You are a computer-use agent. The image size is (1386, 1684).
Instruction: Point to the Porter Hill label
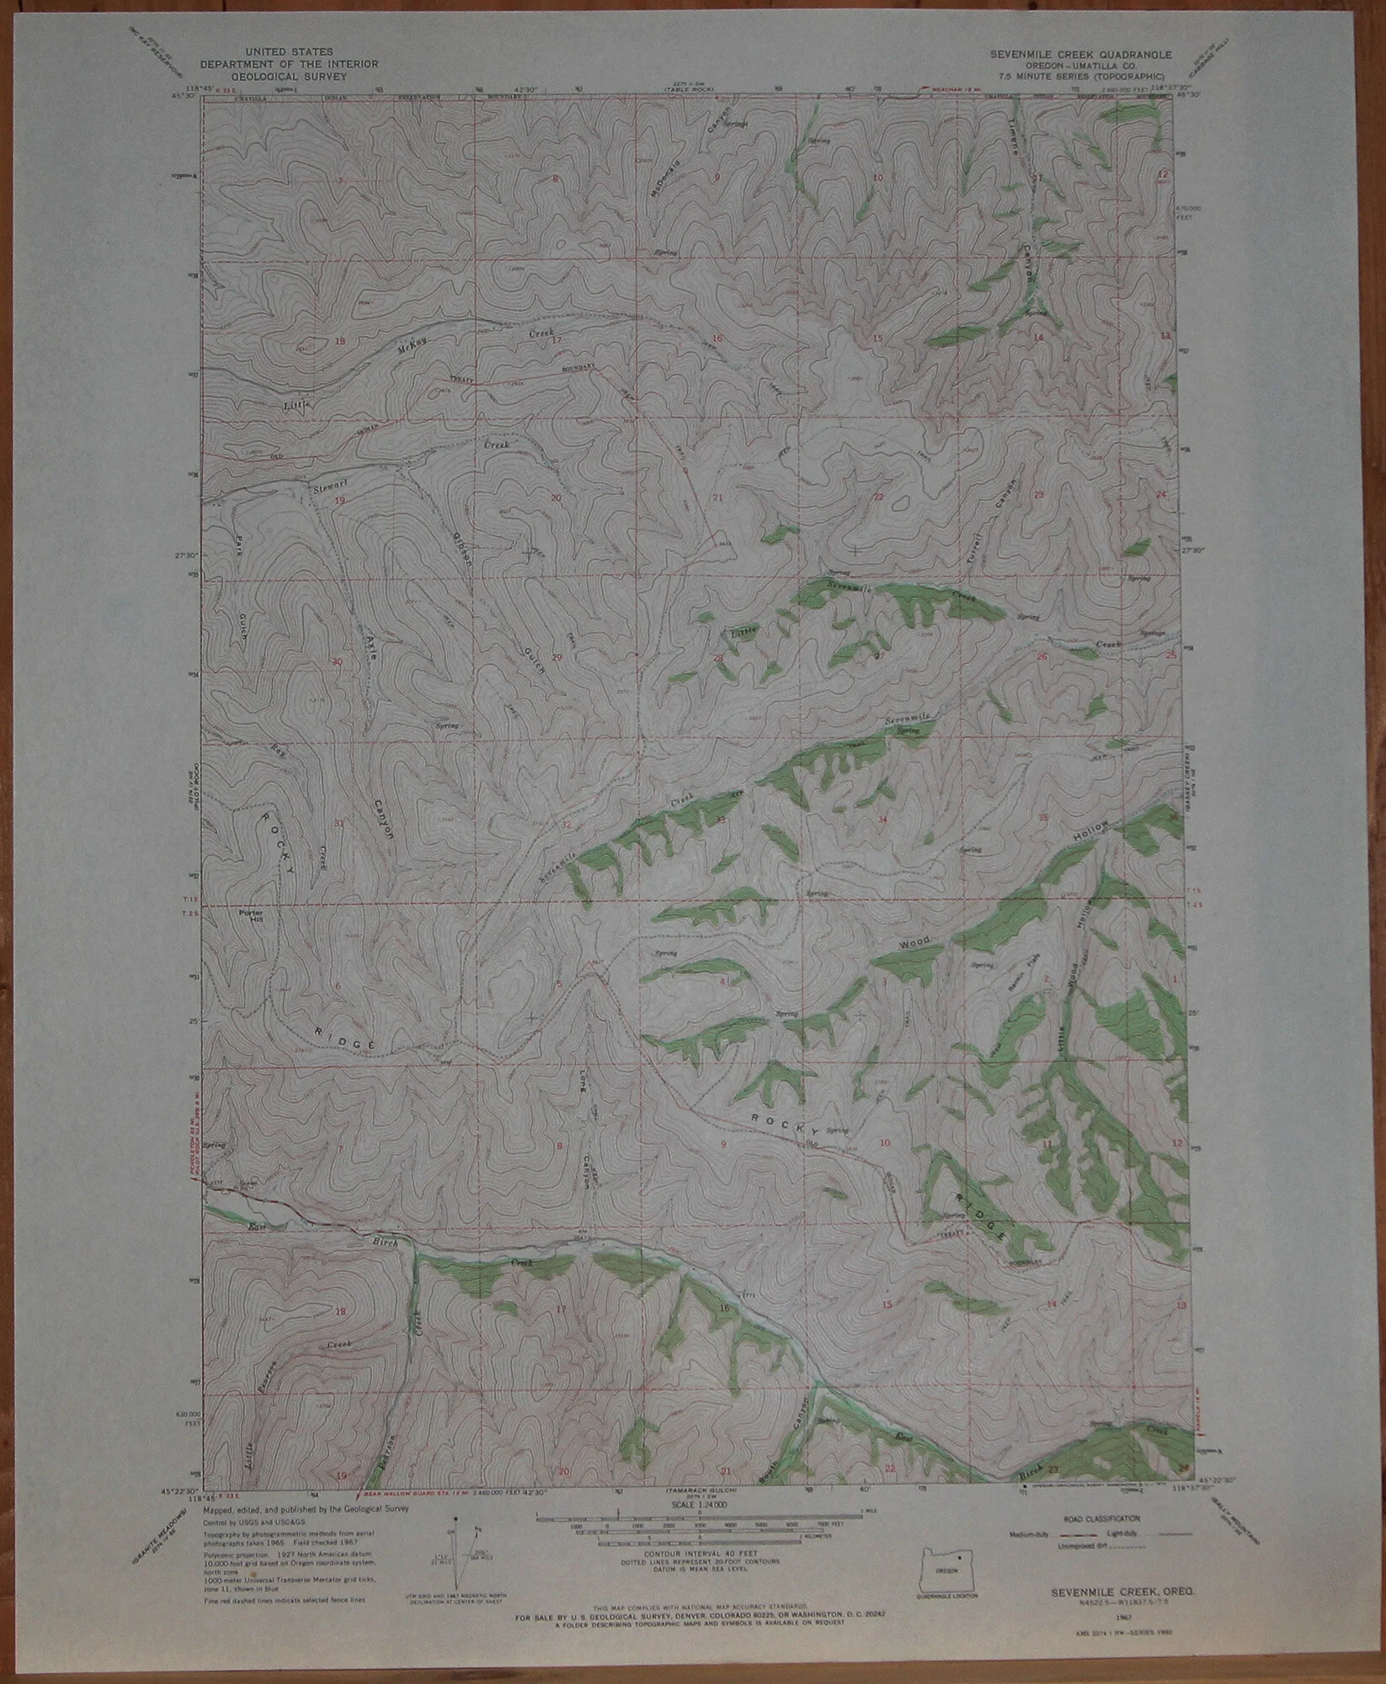pos(252,916)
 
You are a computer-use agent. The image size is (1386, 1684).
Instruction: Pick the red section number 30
pos(337,662)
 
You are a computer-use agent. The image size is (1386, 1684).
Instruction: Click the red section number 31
pos(339,823)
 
